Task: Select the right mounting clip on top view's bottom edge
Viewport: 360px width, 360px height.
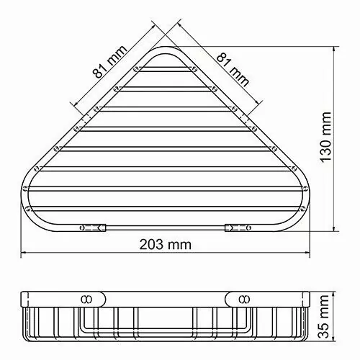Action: (x=237, y=227)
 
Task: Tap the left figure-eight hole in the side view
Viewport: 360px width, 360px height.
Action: (x=87, y=297)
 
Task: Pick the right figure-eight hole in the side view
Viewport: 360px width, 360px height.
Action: (x=241, y=297)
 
